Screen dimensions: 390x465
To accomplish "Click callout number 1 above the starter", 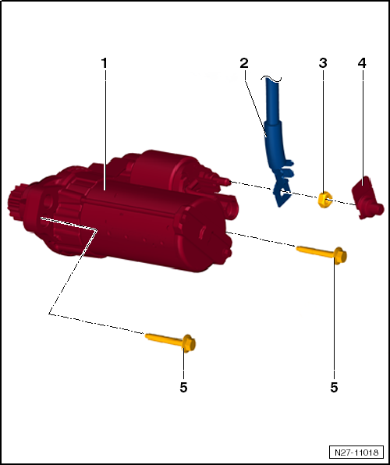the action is click(104, 63).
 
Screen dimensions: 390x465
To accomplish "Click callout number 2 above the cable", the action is click(244, 63).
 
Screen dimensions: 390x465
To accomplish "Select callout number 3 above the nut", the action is click(323, 63).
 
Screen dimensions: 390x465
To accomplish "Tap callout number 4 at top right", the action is click(362, 63).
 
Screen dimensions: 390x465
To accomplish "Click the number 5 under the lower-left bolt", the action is click(183, 387).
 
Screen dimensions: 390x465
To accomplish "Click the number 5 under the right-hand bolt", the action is click(335, 387).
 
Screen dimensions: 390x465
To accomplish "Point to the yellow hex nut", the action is click(324, 200).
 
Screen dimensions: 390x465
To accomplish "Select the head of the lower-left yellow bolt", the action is click(189, 343).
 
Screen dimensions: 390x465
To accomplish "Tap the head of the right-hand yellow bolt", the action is click(340, 256).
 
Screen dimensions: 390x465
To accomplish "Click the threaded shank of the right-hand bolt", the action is click(315, 251).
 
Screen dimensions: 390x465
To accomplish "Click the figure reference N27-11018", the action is click(356, 453).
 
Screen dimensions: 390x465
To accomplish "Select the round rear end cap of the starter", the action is click(205, 234).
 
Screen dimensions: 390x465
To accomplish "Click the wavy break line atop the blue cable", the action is click(271, 78).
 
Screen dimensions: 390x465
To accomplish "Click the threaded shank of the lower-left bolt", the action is click(164, 339).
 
